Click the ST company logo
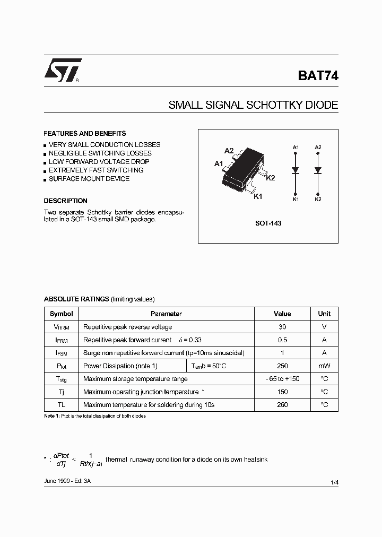tap(62, 71)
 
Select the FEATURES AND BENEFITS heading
tap(85, 134)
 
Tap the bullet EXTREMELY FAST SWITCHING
tap(96, 170)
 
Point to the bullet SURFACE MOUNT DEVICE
tap(89, 179)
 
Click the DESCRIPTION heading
tap(65, 201)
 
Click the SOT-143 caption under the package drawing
tap(268, 223)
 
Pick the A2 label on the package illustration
tap(229, 151)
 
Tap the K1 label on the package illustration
tap(258, 197)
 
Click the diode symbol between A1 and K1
tap(296, 171)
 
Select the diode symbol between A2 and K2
tap(318, 171)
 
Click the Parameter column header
tap(166, 314)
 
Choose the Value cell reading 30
tap(282, 327)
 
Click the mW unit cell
tap(324, 366)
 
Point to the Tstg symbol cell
tap(62, 379)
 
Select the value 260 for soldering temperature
tap(282, 405)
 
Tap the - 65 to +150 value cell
tap(282, 379)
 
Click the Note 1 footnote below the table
tap(94, 416)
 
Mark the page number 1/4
tap(334, 482)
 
